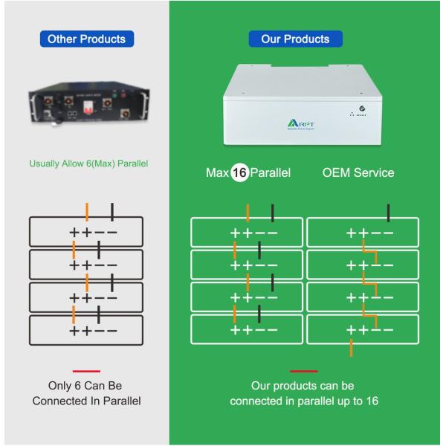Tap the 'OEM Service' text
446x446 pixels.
(358, 172)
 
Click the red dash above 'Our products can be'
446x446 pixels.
(303, 370)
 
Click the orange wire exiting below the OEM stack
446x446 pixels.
(351, 347)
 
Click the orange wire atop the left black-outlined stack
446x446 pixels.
(87, 210)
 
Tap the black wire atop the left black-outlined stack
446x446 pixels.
(112, 210)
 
